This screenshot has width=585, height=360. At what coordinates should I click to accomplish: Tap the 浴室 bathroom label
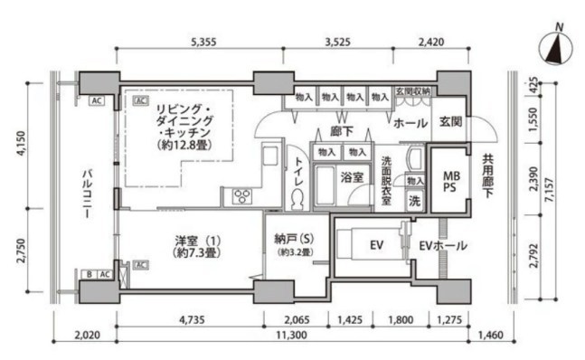tap(352, 178)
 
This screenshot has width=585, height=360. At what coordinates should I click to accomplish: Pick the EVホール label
tap(442, 246)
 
